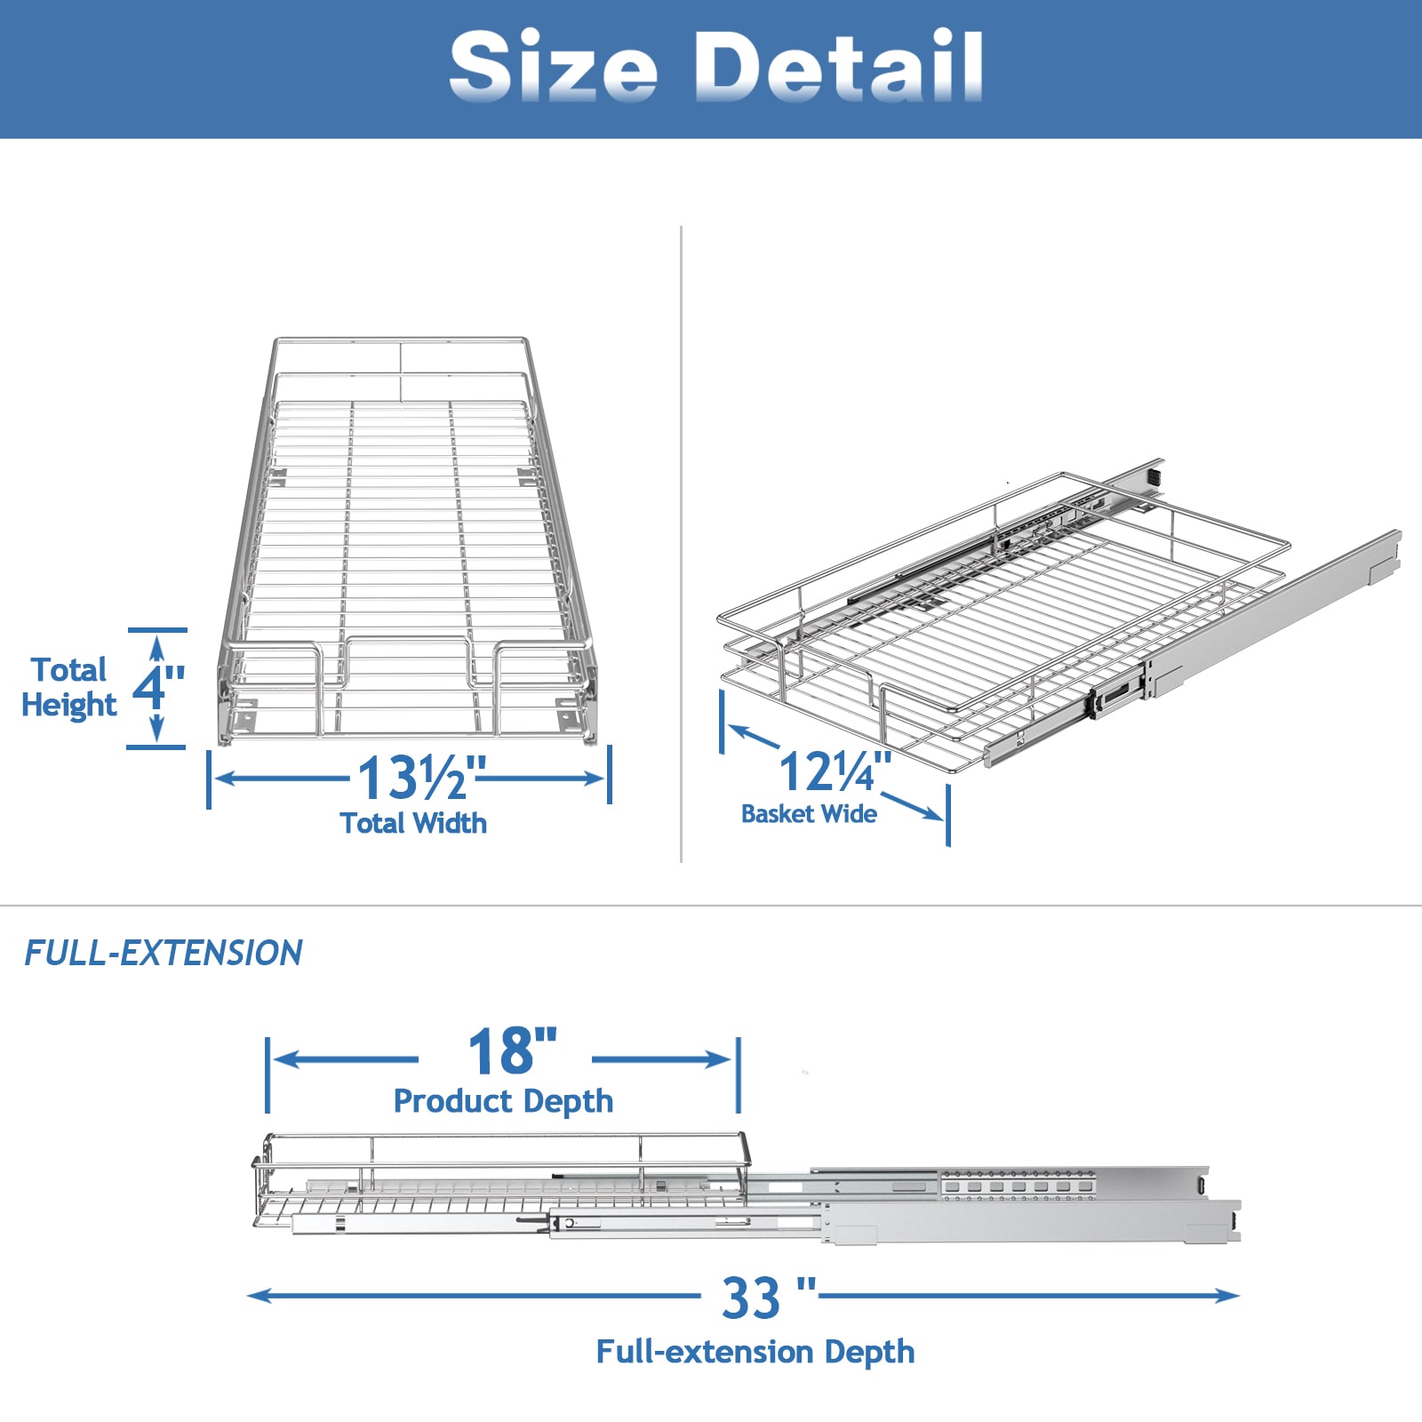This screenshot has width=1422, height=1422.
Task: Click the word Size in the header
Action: click(x=554, y=65)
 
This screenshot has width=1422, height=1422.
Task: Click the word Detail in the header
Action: click(x=838, y=65)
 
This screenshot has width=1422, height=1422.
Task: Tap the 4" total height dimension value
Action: click(x=158, y=687)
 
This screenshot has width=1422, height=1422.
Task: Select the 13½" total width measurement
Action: click(x=422, y=778)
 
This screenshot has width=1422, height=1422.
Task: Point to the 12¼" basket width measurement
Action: click(x=835, y=771)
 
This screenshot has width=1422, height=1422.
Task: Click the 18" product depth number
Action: click(x=513, y=1051)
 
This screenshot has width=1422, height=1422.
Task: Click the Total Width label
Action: click(x=413, y=823)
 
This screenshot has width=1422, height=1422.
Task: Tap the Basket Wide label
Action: click(x=809, y=814)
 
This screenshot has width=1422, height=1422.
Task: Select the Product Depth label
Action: click(x=503, y=1101)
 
